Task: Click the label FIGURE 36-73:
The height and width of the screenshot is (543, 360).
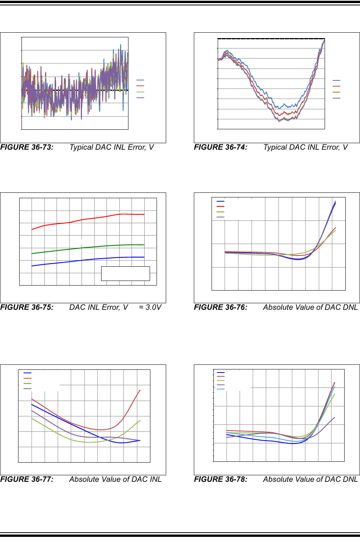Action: pyautogui.click(x=27, y=147)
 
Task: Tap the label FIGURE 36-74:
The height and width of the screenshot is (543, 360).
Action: pyautogui.click(x=220, y=147)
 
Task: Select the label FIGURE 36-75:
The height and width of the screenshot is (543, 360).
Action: pyautogui.click(x=27, y=307)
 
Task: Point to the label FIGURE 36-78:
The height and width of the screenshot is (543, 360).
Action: pyautogui.click(x=220, y=480)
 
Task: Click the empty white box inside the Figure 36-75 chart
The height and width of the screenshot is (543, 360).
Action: pyautogui.click(x=125, y=274)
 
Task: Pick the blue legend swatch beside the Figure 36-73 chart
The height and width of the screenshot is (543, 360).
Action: pyautogui.click(x=140, y=80)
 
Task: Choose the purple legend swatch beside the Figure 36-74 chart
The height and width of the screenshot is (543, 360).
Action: pyautogui.click(x=337, y=98)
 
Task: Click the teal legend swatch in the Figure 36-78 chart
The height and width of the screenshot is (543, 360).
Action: pyautogui.click(x=221, y=389)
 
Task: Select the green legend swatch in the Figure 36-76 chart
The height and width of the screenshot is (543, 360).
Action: pyautogui.click(x=220, y=212)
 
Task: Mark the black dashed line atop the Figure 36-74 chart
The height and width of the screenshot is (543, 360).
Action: pyautogui.click(x=271, y=39)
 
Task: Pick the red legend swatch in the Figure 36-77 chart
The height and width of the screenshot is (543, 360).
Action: pyautogui.click(x=27, y=378)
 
